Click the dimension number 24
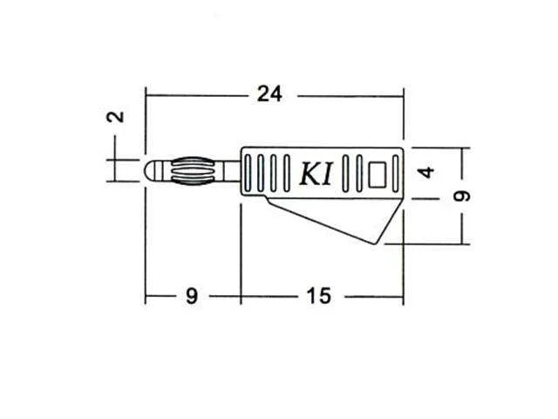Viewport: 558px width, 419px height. pos(269,94)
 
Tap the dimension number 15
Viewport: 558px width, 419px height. pos(319,296)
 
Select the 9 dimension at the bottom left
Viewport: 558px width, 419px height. pos(192,296)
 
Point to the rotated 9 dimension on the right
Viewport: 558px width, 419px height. pos(462,196)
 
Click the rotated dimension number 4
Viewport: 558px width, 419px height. pos(426,173)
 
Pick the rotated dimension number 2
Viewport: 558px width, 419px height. pos(116,117)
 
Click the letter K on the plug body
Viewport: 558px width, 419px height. pos(309,175)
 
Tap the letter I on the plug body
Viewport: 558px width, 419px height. pos(327,175)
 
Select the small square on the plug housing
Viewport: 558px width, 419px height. pos(378,175)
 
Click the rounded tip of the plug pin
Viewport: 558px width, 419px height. pos(149,171)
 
